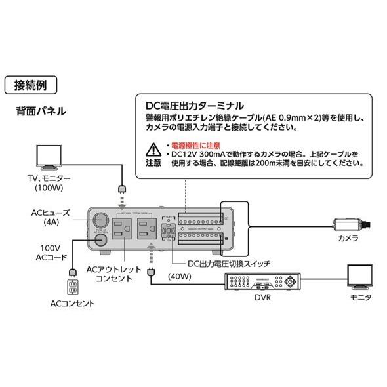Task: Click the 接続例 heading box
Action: (30, 85)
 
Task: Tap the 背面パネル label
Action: (40, 111)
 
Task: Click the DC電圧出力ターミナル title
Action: (195, 105)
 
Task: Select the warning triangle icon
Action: (152, 148)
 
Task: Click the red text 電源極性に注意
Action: (195, 144)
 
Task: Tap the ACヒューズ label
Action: (51, 213)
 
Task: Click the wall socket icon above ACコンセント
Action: (71, 287)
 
